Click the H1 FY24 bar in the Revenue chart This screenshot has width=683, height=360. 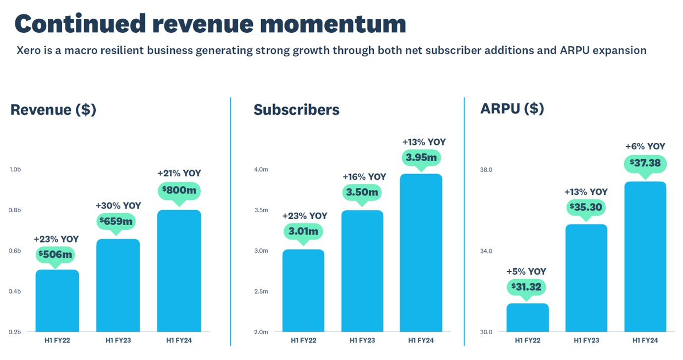tap(179, 271)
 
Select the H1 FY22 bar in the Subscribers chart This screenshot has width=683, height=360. tap(303, 291)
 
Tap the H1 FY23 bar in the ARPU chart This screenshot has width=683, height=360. tap(586, 278)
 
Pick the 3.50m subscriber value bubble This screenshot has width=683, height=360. tap(362, 192)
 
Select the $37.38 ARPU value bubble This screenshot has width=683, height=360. tap(645, 163)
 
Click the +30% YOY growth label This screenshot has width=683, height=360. tap(118, 205)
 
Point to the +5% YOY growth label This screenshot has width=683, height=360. tap(526, 272)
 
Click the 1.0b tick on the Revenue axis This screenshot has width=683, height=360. tap(15, 170)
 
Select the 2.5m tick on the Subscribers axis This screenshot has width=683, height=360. tap(261, 292)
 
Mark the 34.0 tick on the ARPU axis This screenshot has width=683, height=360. tap(486, 251)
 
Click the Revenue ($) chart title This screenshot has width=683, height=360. tap(53, 110)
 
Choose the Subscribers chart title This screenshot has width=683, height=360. tap(296, 110)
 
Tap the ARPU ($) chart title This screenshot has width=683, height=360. tap(512, 109)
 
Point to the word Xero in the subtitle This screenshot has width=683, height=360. tap(28, 51)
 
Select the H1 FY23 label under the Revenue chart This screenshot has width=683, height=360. tap(117, 340)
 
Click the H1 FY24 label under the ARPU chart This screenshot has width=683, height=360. tap(645, 340)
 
